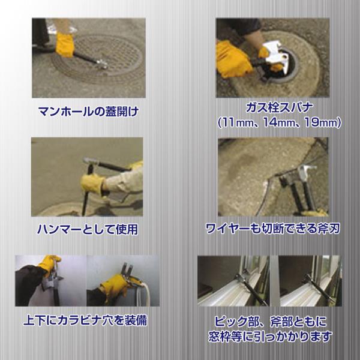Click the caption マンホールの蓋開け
click(88, 112)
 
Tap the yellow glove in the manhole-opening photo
click(65, 44)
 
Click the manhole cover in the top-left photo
click(98, 59)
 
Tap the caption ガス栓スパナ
click(279, 107)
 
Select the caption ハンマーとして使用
click(88, 229)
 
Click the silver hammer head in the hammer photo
click(89, 161)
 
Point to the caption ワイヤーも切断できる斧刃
click(272, 229)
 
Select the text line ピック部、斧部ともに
click(270, 322)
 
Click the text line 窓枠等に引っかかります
click(270, 337)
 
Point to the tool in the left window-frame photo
click(250, 289)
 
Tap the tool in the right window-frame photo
click(319, 290)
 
